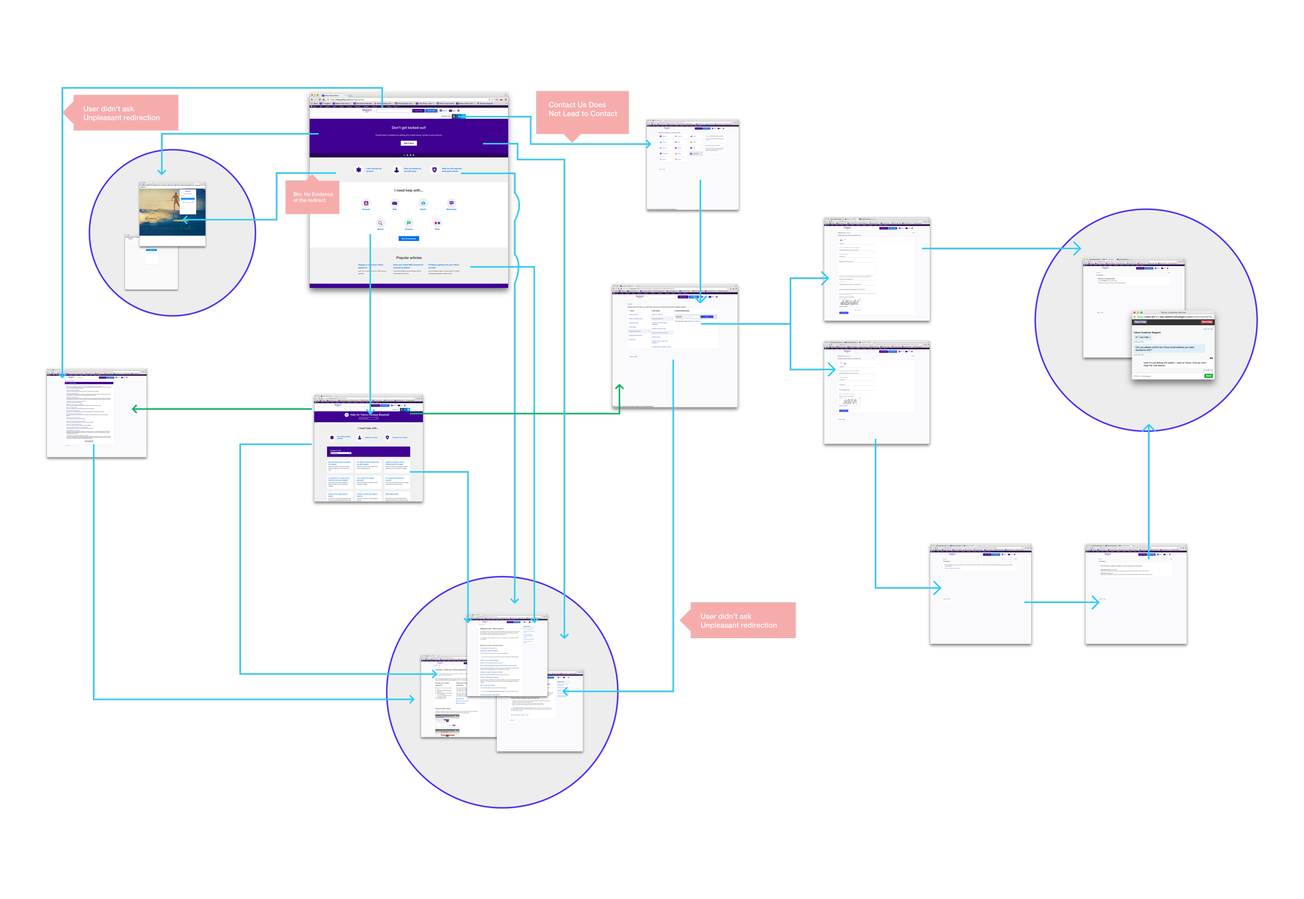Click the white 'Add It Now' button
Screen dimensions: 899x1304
(409, 143)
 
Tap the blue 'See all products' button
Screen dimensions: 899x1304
(409, 239)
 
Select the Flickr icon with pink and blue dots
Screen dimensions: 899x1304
(437, 223)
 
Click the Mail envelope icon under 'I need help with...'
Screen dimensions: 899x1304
(395, 203)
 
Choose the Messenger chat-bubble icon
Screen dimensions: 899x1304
(452, 203)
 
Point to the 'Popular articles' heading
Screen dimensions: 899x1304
(409, 258)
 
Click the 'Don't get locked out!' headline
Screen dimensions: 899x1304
(409, 128)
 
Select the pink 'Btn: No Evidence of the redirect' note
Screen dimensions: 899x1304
(312, 197)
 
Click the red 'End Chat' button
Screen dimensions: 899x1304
(1206, 321)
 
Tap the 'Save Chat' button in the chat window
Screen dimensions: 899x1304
(1140, 321)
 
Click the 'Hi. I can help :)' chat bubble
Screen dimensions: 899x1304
(1142, 337)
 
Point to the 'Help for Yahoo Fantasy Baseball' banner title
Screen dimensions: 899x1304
(369, 415)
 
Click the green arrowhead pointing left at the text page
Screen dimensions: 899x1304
(135, 409)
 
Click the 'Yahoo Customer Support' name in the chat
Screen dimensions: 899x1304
(1147, 332)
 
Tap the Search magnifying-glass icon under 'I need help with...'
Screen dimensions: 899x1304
(380, 223)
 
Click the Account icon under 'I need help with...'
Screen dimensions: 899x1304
(366, 203)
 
